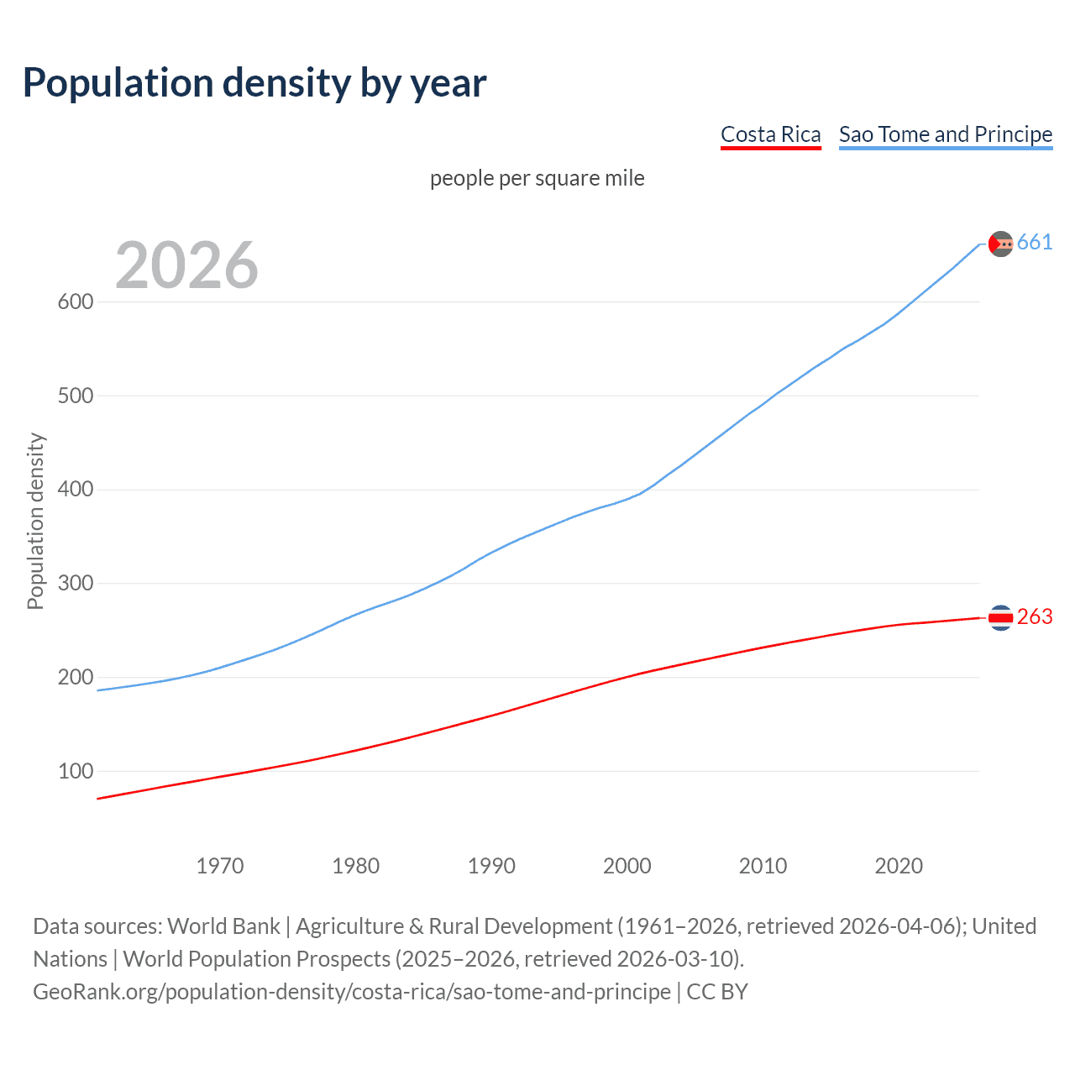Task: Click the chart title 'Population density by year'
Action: tap(254, 82)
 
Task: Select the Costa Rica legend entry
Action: tap(770, 134)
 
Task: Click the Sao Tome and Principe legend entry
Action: tap(945, 134)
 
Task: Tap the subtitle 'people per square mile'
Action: tap(537, 178)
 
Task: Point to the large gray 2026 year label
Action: tap(186, 265)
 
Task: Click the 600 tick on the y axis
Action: tap(75, 302)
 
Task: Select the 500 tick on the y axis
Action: tap(75, 396)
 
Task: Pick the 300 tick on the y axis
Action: tap(75, 583)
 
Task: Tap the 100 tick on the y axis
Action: tap(75, 771)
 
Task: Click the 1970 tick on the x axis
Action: tap(220, 866)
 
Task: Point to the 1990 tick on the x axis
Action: tap(491, 866)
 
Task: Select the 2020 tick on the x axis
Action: tap(899, 866)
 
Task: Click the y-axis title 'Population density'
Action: tap(35, 521)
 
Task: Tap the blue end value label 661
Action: tap(1035, 243)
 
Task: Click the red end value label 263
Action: tap(1035, 617)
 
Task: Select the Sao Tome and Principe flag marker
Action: tap(1000, 244)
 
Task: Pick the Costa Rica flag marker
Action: tap(1000, 617)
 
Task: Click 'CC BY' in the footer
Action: tap(717, 992)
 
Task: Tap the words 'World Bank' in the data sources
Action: tap(223, 926)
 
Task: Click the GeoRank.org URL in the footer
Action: tap(352, 992)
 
